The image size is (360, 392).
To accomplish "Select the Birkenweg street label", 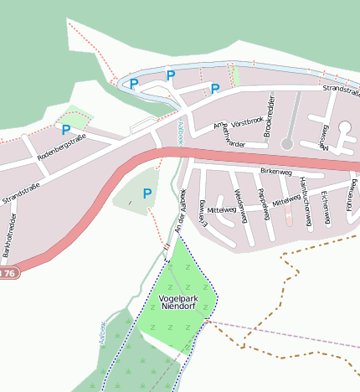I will coord(276,172).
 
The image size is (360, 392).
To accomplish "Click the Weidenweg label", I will coord(239,204).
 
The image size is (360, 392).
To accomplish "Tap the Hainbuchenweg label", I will coord(306,204).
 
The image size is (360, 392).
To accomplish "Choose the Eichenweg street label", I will coord(325,207).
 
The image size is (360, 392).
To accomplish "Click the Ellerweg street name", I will coord(203,213).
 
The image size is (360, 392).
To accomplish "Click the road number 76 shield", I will coord(8,274).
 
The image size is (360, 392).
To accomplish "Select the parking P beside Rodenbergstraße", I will coord(65,130).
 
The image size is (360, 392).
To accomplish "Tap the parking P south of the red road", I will coord(147,194).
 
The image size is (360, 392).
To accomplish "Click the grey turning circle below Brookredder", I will coord(287,144).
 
